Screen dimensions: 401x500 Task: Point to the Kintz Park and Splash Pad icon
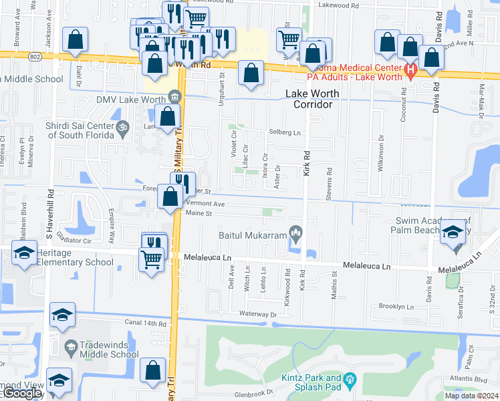[350, 382]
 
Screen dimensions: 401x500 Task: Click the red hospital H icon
[410, 69]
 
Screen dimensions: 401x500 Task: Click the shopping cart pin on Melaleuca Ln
[152, 259]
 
